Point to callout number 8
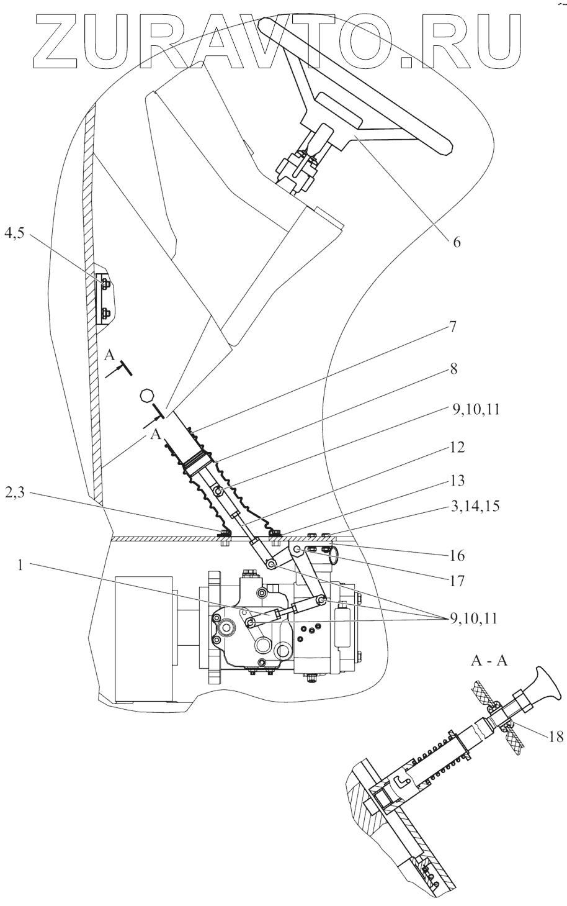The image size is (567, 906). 453,369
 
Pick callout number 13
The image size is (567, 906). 455,480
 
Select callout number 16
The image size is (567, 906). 456,555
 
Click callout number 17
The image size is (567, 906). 457,581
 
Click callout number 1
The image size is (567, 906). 20,564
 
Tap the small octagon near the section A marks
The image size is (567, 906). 146,395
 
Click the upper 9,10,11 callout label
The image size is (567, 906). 475,409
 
